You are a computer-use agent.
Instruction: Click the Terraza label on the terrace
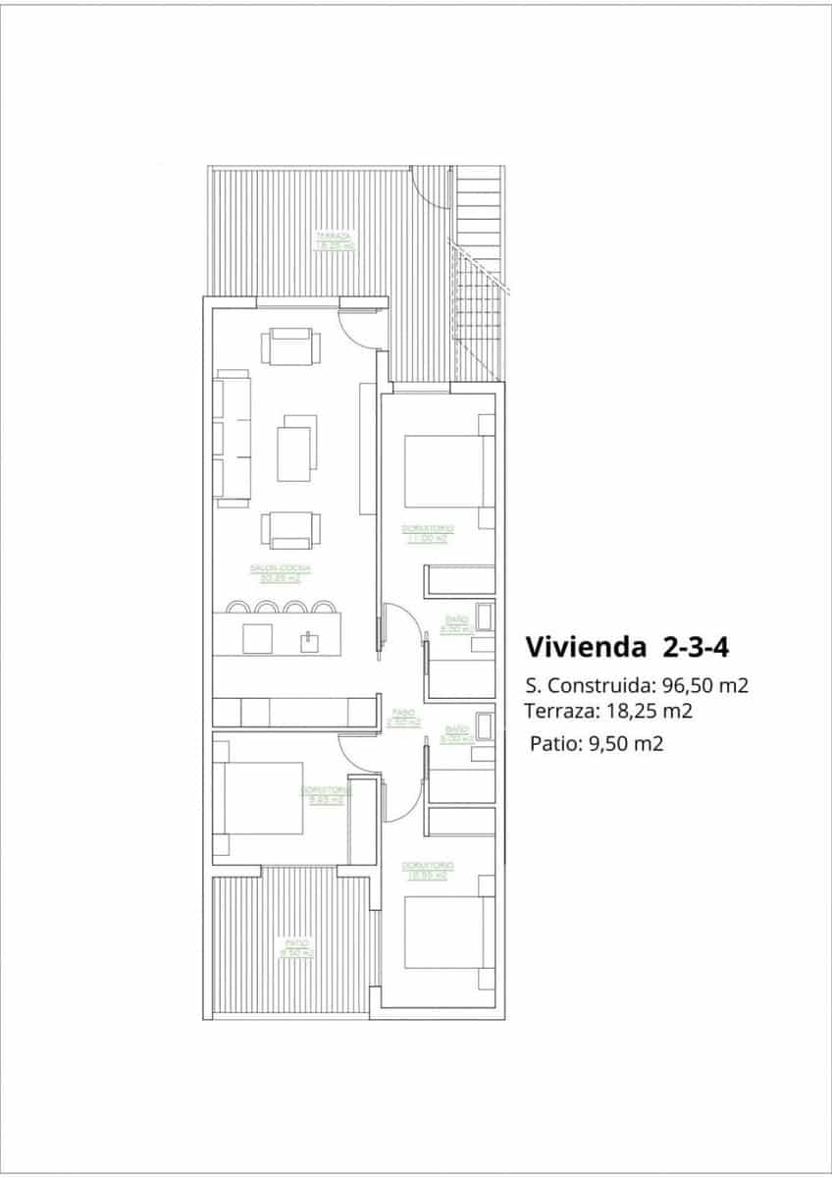coord(333,241)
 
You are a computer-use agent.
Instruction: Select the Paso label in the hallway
coord(403,718)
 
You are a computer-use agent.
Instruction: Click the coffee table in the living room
coord(297,449)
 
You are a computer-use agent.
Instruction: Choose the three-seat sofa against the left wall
coord(232,437)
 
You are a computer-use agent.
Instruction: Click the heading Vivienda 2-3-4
coord(625,647)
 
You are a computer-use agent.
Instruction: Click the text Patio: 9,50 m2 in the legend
coord(597,743)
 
